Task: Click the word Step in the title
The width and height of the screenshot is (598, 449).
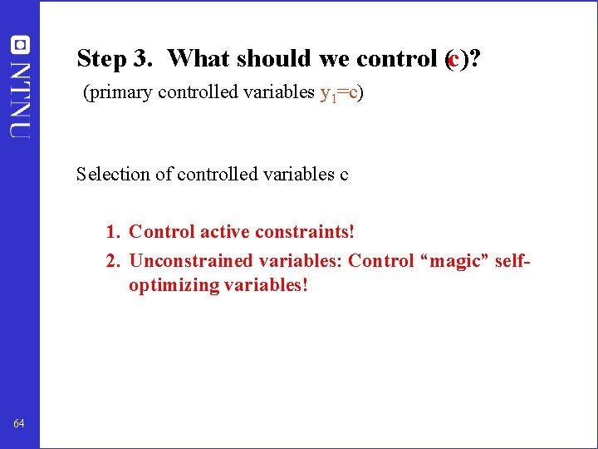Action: pyautogui.click(x=100, y=59)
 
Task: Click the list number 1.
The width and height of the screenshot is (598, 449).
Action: pyautogui.click(x=112, y=231)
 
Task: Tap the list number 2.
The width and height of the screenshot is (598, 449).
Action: pyautogui.click(x=112, y=261)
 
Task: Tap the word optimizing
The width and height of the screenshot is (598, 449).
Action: pyautogui.click(x=172, y=285)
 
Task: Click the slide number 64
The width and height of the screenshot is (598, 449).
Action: pyautogui.click(x=19, y=424)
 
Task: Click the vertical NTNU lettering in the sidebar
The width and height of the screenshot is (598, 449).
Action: pyautogui.click(x=20, y=97)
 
